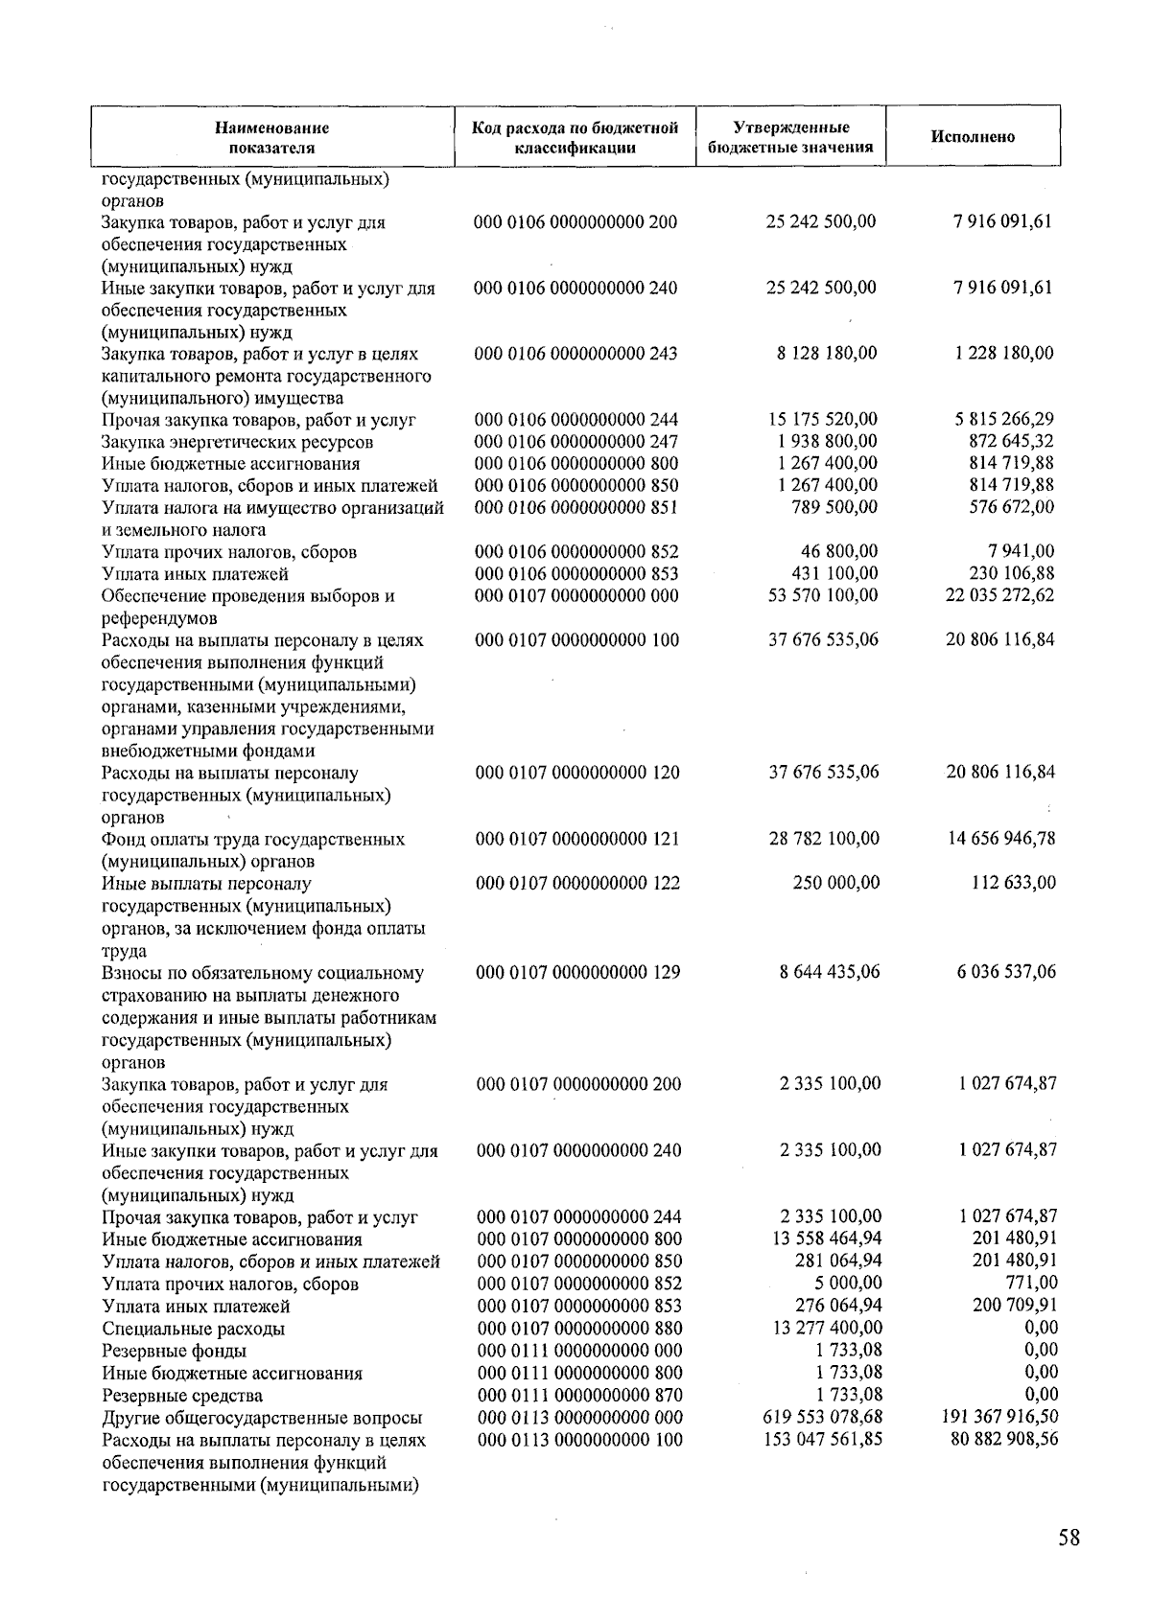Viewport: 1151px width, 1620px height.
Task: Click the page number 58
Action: coord(1069,1538)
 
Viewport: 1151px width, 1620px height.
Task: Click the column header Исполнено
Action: coord(973,136)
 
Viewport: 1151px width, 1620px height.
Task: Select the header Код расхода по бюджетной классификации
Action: coord(575,137)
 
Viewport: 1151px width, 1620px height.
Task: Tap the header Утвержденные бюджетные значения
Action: coord(790,137)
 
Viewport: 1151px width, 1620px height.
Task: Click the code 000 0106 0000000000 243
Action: coord(576,354)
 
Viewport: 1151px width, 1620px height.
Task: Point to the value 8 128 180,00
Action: coord(826,353)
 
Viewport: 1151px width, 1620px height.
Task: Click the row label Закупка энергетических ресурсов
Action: coord(237,443)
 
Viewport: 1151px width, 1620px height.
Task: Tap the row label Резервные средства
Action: coord(182,1396)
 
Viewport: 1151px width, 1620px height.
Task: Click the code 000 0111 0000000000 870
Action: coord(579,1396)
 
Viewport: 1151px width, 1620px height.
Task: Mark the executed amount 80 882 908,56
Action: coord(1004,1439)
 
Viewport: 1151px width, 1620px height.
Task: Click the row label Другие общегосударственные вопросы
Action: coord(262,1418)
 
